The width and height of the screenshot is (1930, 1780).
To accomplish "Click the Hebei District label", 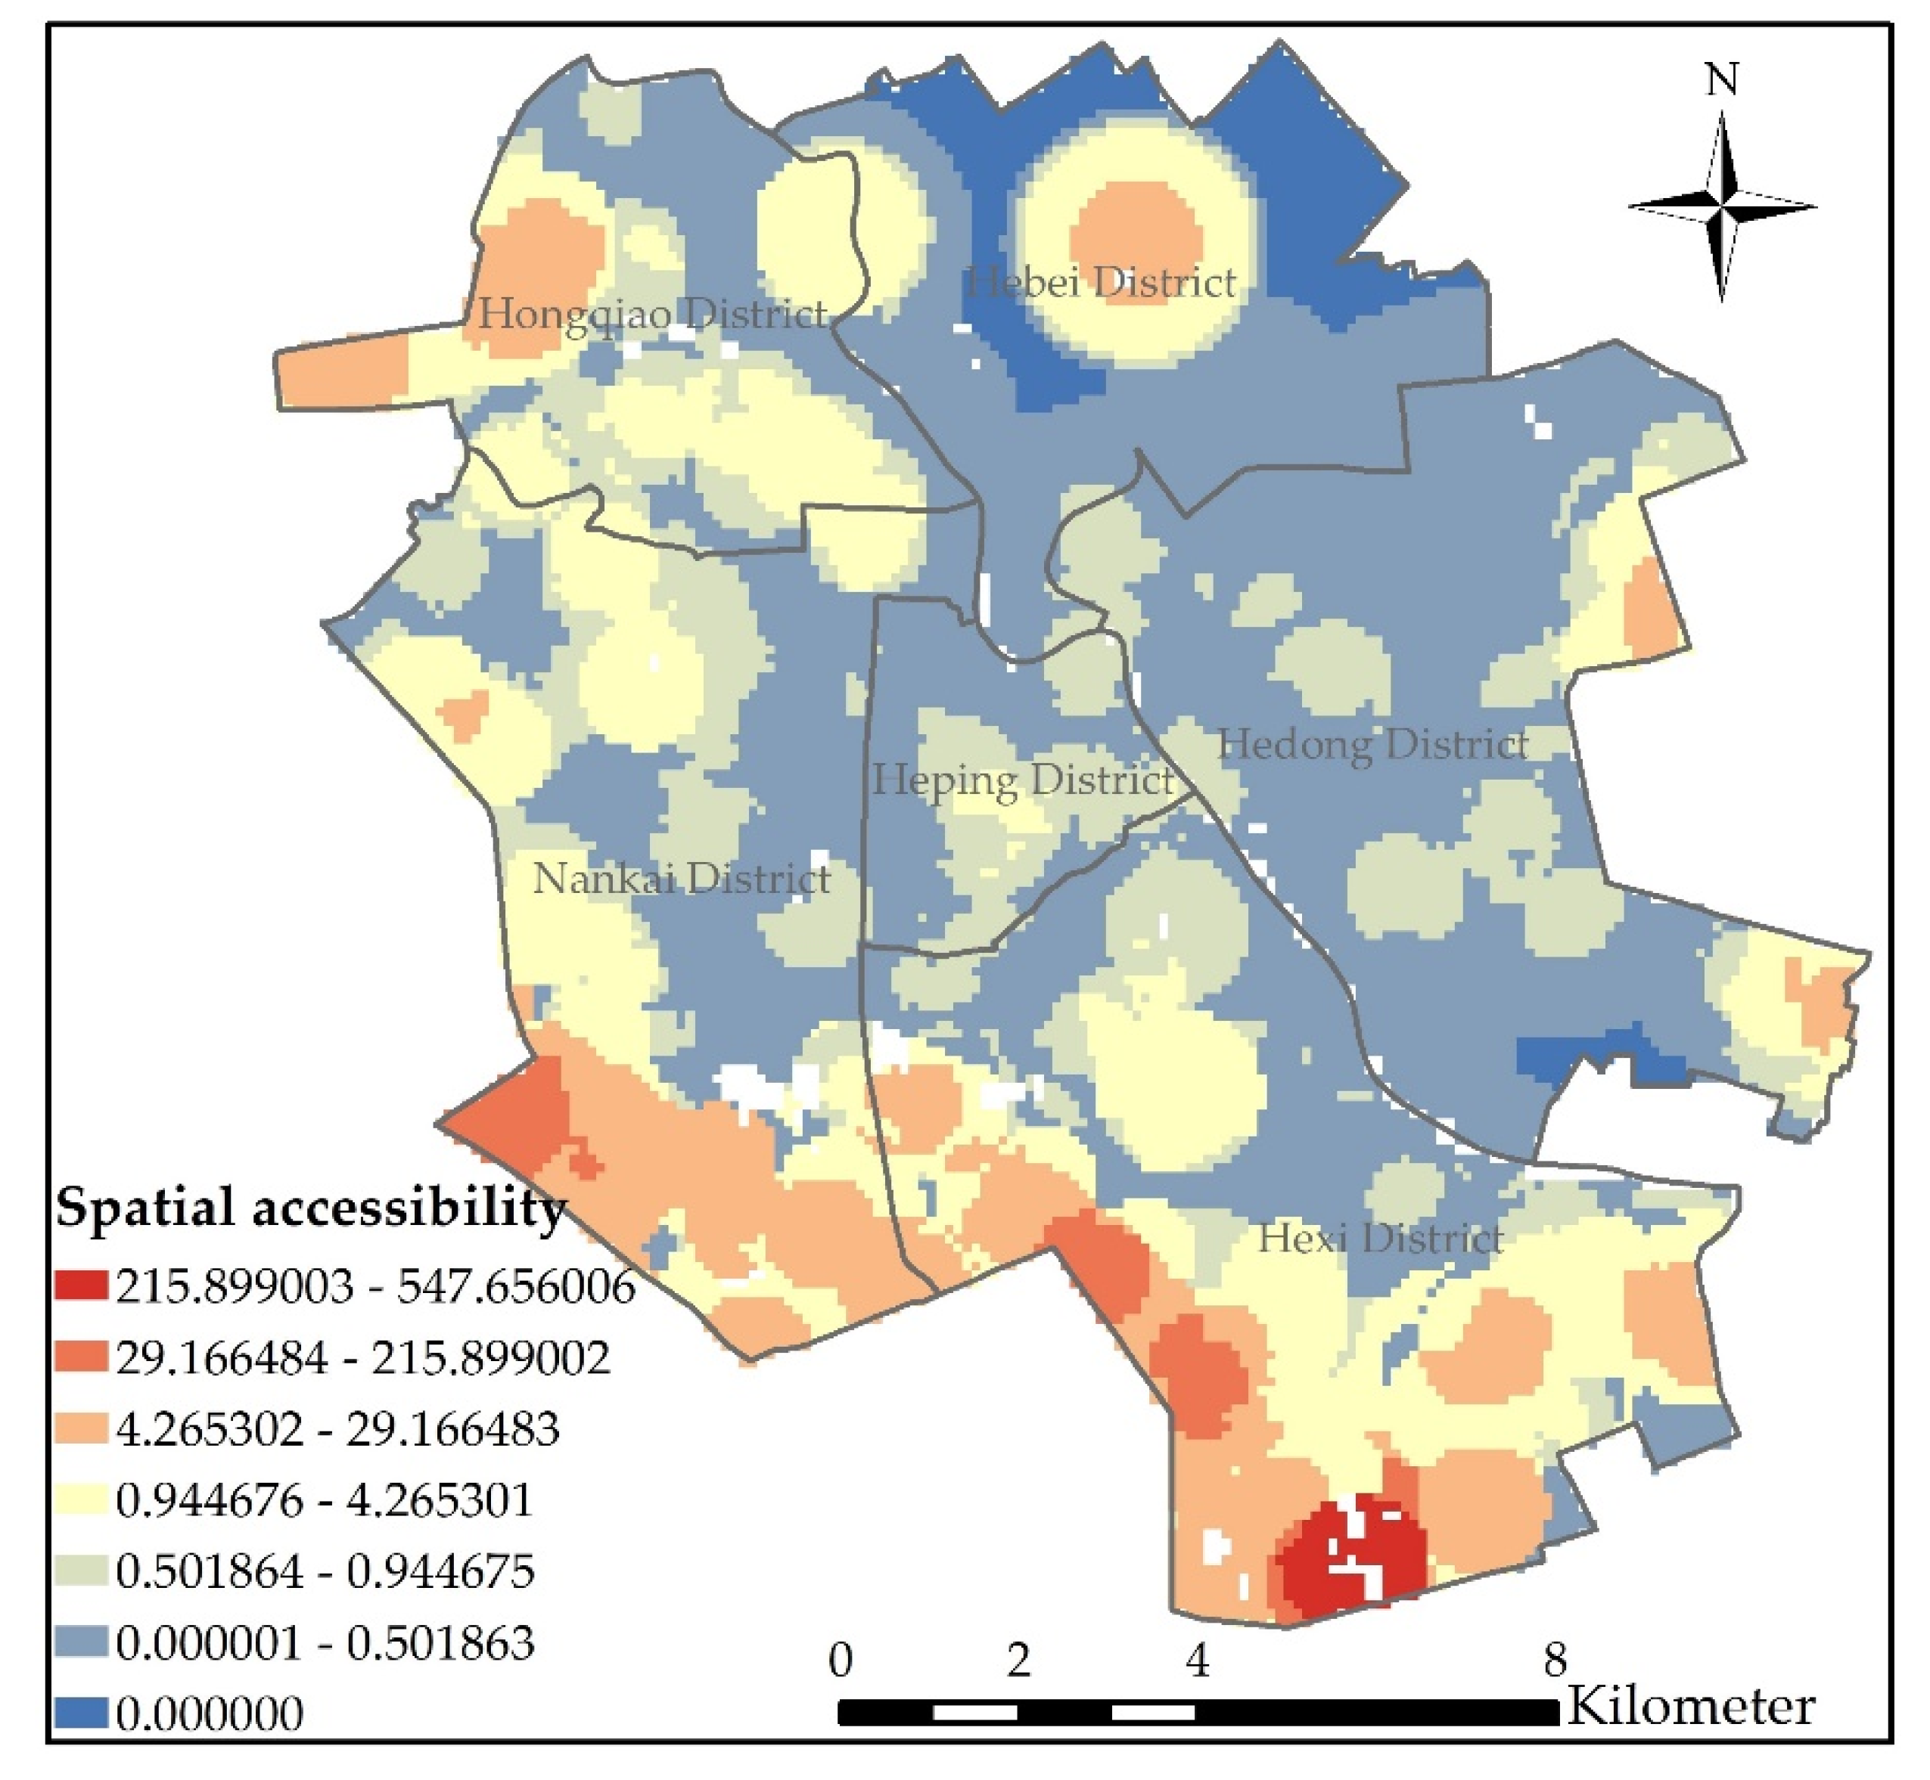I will (1099, 283).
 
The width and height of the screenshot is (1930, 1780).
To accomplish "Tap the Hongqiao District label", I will (652, 313).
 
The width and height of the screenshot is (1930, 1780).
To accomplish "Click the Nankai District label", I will (681, 879).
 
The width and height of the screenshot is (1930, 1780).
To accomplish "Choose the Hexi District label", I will (1380, 1238).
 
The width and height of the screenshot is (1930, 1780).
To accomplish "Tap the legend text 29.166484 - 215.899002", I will (362, 1358).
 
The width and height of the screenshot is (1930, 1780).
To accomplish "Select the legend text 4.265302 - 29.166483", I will (337, 1428).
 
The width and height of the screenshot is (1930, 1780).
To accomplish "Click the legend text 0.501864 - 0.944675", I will (325, 1571).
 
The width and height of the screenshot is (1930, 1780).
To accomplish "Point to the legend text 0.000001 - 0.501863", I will (325, 1642).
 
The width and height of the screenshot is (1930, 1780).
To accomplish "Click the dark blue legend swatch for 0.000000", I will (82, 1713).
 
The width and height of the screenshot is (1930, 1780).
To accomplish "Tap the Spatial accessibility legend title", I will (310, 1207).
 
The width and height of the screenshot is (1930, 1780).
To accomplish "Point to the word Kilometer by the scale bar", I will (1691, 1706).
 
